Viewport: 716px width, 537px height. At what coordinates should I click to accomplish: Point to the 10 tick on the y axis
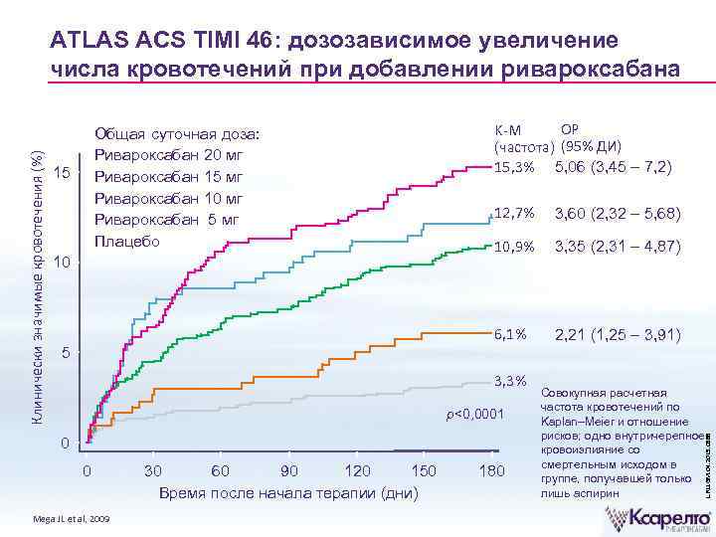pos(62,264)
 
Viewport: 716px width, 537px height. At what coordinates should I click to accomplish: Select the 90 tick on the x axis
pos(288,470)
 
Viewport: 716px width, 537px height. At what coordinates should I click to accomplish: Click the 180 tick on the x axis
pos(491,470)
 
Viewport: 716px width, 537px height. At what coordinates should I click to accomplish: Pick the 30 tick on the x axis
pos(153,470)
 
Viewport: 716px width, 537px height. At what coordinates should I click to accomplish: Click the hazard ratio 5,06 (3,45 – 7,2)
pos(618,167)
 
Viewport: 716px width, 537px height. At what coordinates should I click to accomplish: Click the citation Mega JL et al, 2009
pos(73,519)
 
